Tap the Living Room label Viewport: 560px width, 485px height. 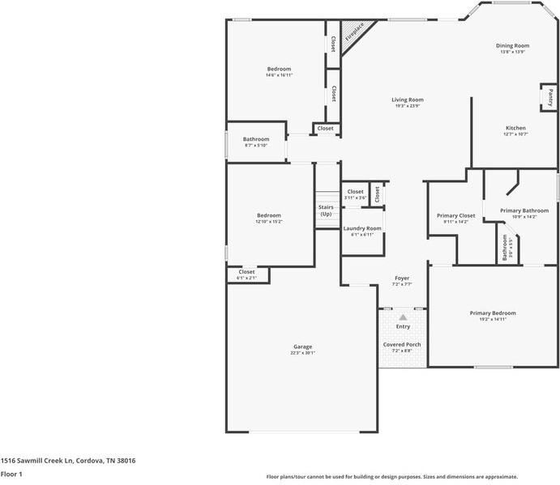pyautogui.click(x=408, y=100)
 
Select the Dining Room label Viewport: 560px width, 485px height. pyautogui.click(x=512, y=45)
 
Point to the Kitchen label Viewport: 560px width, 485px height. pyautogui.click(x=515, y=128)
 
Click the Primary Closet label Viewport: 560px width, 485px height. pyautogui.click(x=455, y=215)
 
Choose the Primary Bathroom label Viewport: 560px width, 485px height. pyautogui.click(x=524, y=211)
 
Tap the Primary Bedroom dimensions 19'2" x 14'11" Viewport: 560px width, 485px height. pyautogui.click(x=492, y=319)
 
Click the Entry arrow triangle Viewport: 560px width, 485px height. pyautogui.click(x=403, y=317)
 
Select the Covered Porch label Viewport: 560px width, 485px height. pyautogui.click(x=402, y=345)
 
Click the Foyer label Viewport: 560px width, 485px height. pyautogui.click(x=402, y=278)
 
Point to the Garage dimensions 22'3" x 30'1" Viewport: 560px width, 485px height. pyautogui.click(x=301, y=352)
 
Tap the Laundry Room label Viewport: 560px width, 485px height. pyautogui.click(x=361, y=228)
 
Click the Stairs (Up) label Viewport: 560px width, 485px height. pyautogui.click(x=326, y=211)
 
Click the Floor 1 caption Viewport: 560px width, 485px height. pyautogui.click(x=11, y=474)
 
